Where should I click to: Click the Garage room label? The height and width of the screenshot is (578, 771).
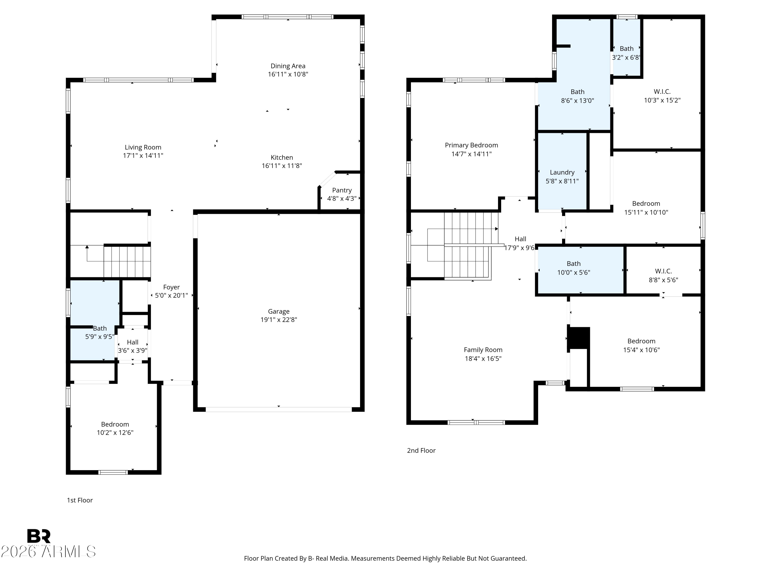[279, 311]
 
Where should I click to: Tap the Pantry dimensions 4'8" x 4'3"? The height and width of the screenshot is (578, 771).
[342, 199]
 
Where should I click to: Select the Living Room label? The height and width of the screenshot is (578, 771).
[143, 147]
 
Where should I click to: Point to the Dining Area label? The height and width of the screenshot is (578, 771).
[288, 66]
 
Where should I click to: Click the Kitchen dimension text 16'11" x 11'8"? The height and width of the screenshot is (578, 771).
[282, 166]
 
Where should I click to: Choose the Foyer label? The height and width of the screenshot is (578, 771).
[171, 287]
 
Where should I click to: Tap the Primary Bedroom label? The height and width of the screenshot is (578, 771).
[471, 145]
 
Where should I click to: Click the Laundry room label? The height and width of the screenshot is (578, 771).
[562, 172]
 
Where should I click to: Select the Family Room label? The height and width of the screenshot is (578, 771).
[483, 350]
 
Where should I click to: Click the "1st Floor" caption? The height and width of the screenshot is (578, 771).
[80, 500]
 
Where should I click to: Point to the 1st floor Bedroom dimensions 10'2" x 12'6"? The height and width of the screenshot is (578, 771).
[115, 433]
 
